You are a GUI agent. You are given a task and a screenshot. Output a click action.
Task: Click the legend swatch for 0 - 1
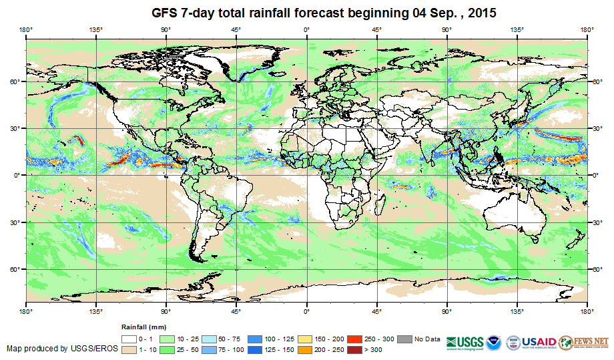(128, 339)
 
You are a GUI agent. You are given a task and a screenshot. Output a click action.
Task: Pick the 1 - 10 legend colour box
(128, 349)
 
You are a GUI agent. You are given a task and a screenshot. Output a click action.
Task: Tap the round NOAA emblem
(495, 341)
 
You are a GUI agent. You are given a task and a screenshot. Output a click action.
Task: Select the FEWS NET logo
(585, 341)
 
